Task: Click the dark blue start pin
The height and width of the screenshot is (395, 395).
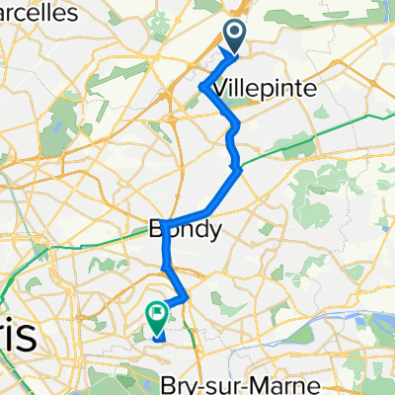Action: click(237, 37)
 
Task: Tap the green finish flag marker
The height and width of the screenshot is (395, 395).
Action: click(157, 316)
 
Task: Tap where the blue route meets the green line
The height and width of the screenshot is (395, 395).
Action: click(236, 169)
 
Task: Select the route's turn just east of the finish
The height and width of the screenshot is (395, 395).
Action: click(187, 295)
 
